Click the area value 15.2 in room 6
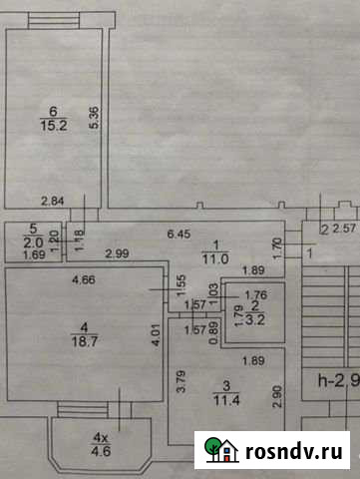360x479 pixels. point(53,127)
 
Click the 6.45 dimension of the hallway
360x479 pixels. point(178,235)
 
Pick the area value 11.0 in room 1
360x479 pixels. point(216,257)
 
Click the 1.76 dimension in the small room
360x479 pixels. point(256,294)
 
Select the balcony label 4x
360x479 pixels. point(99,437)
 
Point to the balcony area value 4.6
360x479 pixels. point(101,451)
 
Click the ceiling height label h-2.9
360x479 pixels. point(337,380)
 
